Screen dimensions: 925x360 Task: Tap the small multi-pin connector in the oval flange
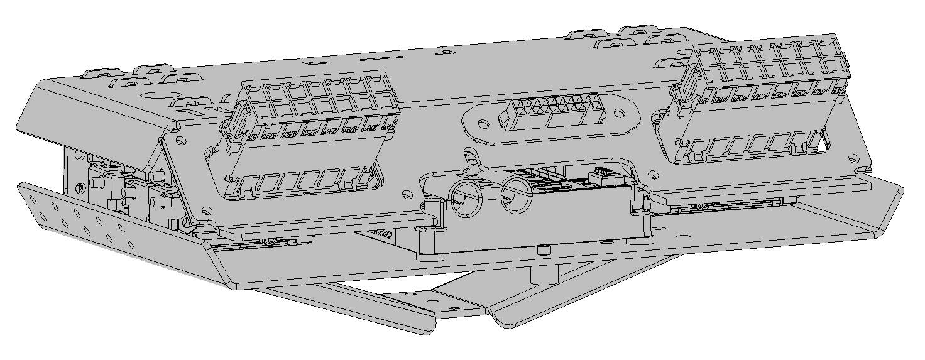pos(550,114)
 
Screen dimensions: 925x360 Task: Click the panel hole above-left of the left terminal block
pos(180,139)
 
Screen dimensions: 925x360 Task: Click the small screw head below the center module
pos(542,251)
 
